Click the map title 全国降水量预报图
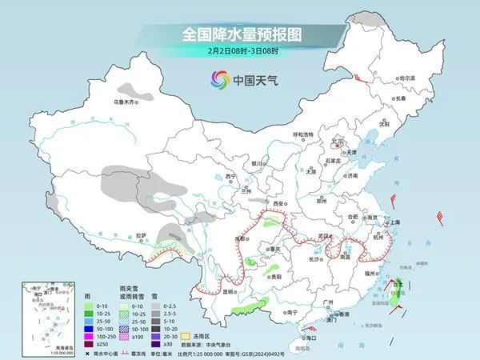click(x=239, y=34)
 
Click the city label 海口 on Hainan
click(x=310, y=338)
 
